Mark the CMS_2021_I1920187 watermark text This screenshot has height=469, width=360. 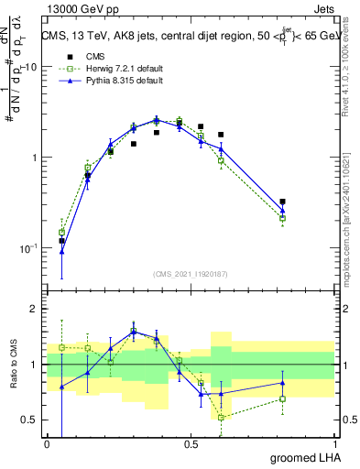point(191,275)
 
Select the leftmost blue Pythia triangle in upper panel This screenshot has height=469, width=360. point(61,251)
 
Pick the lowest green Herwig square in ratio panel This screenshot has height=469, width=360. point(221,417)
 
